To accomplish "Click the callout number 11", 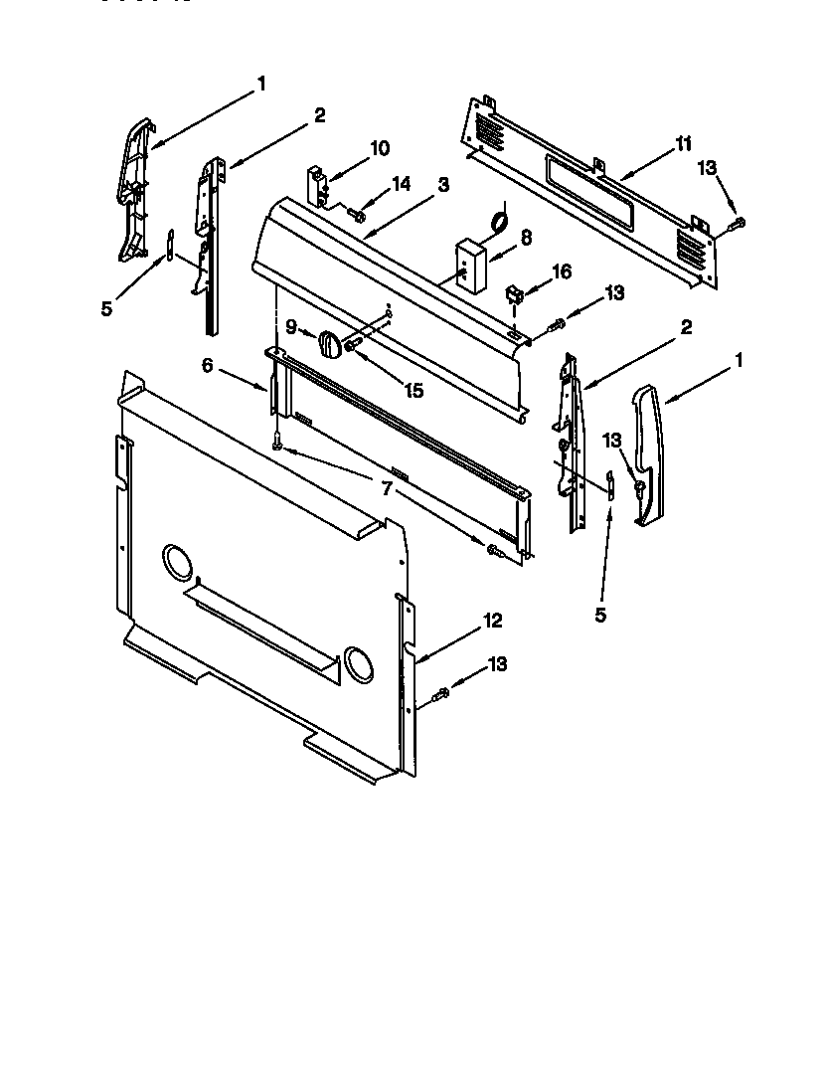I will click(x=684, y=144).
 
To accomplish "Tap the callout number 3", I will click(x=443, y=184).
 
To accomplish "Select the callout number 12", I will click(x=493, y=621).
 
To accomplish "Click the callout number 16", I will click(x=563, y=270).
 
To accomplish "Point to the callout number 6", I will click(x=208, y=365).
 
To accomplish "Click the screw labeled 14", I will click(x=356, y=214).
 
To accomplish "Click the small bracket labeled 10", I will click(x=316, y=185).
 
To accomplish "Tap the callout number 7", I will click(x=387, y=487).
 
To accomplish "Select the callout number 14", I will click(x=401, y=183).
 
